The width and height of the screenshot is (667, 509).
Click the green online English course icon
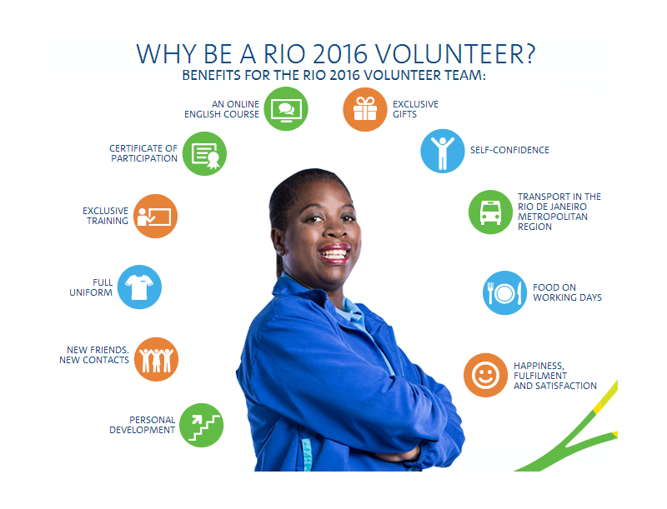pos(286,109)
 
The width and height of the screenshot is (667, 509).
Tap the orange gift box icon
pos(365,109)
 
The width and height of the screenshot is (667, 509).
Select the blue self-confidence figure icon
pos(443,151)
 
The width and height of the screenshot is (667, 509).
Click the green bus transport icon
pos(490,212)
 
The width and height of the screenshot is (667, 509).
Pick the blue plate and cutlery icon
pos(505,292)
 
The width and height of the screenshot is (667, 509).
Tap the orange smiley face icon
pos(485,375)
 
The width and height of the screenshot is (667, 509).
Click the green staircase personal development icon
pos(201,425)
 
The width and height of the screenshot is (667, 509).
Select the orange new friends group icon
pos(156,359)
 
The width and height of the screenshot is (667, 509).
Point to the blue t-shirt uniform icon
pos(139,287)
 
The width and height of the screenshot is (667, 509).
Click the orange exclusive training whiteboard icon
pos(155,217)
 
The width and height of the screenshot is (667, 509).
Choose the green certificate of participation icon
pos(204,153)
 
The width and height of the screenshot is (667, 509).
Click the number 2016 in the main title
pos(340,54)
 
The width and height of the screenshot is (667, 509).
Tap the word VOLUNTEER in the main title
pos(449,54)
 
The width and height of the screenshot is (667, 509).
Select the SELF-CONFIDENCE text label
pos(509,150)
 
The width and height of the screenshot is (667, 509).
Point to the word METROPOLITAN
pos(553,217)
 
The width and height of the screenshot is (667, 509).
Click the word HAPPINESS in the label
pos(539,366)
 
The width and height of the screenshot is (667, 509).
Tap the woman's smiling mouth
pos(335,253)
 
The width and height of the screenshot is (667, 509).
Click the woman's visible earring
pos(279,252)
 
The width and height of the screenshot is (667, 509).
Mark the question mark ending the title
pos(529,53)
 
